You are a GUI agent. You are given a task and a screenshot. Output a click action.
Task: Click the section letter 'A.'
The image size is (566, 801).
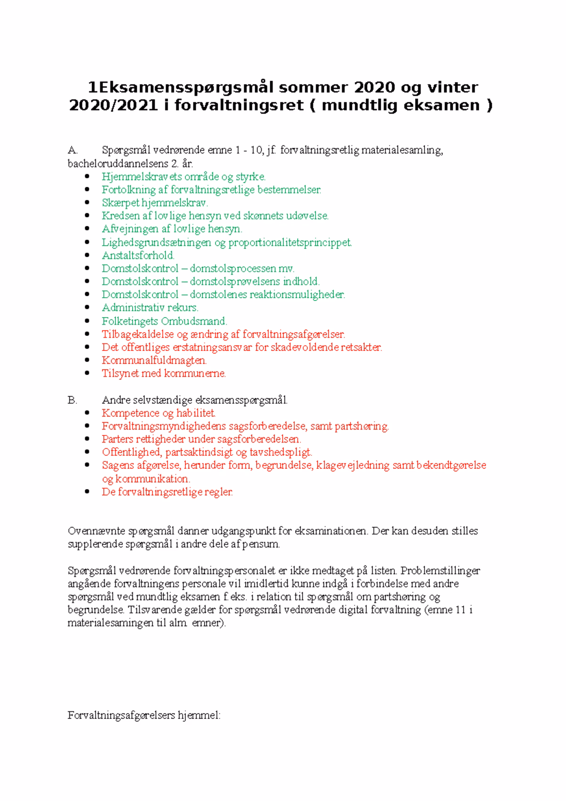pos(72,150)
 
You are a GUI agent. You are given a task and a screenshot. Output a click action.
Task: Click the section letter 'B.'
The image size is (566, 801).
pos(72,400)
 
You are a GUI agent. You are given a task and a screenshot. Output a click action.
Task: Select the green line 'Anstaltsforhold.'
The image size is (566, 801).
pos(138,256)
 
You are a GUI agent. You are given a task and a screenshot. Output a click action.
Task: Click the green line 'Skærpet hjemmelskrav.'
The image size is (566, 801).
pos(155,203)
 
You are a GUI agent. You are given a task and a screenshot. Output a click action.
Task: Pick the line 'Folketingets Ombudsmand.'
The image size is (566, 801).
pos(165,321)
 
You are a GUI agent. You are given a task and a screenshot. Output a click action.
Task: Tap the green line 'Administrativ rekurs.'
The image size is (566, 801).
pos(150,308)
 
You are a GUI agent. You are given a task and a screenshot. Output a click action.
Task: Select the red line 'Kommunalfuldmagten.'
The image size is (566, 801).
pos(154,360)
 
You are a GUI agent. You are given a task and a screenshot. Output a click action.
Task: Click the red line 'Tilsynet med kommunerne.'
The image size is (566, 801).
pos(164,374)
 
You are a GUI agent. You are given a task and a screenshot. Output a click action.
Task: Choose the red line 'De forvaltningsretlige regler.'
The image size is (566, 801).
pos(167,492)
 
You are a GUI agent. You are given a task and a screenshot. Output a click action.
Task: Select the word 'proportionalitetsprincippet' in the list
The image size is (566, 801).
pos(290,242)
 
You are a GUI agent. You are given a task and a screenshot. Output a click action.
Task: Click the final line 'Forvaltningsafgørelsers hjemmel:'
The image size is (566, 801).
pos(144,715)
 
